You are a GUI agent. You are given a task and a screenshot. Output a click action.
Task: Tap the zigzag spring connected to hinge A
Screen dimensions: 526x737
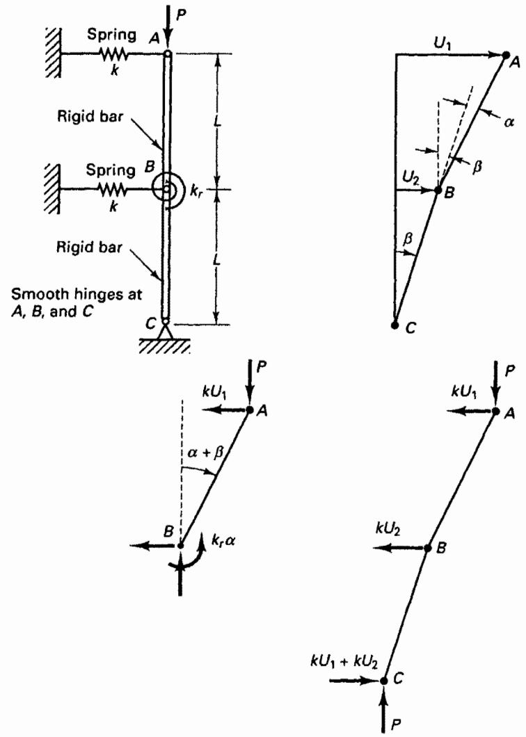pyautogui.click(x=113, y=54)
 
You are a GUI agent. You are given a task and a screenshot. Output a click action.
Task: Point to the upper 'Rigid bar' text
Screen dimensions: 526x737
pyautogui.click(x=89, y=115)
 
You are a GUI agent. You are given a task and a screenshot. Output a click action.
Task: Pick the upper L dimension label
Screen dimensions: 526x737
pyautogui.click(x=216, y=121)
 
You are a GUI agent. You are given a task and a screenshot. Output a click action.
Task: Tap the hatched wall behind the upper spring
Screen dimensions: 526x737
pyautogui.click(x=53, y=52)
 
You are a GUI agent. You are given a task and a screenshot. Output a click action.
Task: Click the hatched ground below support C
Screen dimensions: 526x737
pyautogui.click(x=164, y=346)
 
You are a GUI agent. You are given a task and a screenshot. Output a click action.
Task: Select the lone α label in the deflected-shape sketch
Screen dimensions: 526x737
pyautogui.click(x=509, y=123)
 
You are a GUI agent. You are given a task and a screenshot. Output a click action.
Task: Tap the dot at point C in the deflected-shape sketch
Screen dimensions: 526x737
pyautogui.click(x=394, y=325)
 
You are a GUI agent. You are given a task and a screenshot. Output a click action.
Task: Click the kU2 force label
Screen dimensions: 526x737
pyautogui.click(x=388, y=529)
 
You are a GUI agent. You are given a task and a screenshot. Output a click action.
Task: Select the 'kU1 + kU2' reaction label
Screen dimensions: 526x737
pyautogui.click(x=344, y=660)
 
